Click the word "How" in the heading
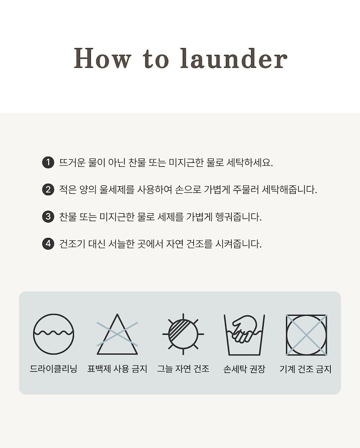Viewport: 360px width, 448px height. (102, 58)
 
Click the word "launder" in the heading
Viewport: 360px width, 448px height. (234, 58)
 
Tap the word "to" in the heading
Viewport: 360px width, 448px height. (156, 59)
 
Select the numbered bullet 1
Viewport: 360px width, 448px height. (48, 162)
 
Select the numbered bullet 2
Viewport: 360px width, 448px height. (48, 189)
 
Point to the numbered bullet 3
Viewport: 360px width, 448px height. (48, 216)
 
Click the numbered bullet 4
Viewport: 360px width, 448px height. (48, 244)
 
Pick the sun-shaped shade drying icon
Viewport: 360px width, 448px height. (183, 334)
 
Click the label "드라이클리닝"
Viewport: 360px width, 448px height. (54, 369)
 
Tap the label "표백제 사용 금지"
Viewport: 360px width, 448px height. (117, 369)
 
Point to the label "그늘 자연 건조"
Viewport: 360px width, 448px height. (183, 369)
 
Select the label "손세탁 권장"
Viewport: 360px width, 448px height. (244, 369)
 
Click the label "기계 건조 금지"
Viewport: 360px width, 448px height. (306, 369)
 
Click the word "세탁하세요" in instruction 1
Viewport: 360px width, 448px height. (250, 162)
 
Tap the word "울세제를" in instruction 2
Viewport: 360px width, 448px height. (117, 189)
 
